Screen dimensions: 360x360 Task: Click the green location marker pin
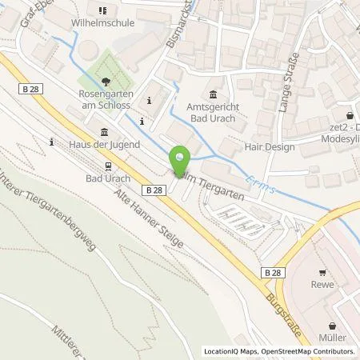coord(183,160)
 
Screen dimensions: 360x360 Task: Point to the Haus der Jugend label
coord(105,144)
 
